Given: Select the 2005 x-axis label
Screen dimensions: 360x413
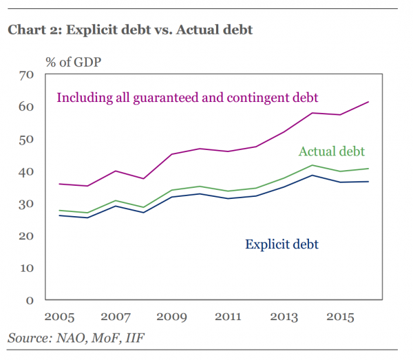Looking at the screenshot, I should click(59, 317).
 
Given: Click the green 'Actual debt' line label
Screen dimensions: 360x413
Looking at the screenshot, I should click(331, 151).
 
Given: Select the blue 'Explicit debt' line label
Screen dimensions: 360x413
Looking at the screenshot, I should click(282, 244).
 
